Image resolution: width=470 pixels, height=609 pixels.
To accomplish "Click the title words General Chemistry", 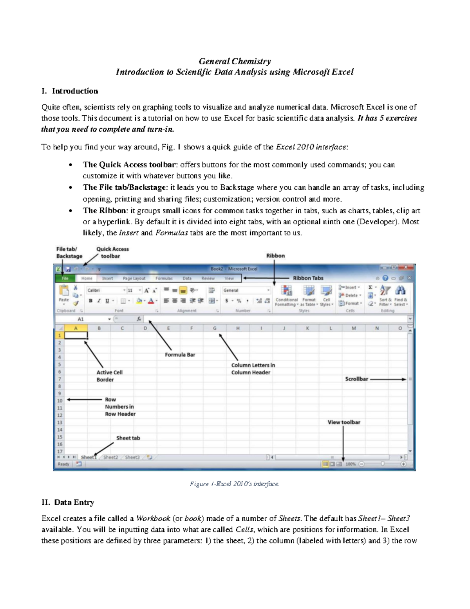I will click(235, 61).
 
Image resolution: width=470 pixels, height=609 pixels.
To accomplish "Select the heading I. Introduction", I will click(70, 91).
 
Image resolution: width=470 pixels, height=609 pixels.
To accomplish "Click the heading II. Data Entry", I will click(68, 502).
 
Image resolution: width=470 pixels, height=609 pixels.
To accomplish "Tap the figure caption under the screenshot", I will click(234, 484).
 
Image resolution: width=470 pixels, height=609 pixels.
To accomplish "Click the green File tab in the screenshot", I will click(65, 278).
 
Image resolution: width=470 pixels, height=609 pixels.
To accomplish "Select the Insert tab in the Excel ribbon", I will click(107, 278).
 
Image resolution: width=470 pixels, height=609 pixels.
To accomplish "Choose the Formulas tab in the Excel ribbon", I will click(164, 278).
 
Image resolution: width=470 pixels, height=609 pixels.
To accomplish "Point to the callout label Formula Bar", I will click(180, 354).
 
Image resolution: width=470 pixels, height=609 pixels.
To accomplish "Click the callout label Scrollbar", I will click(356, 379).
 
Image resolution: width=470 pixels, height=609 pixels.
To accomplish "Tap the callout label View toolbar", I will click(344, 422).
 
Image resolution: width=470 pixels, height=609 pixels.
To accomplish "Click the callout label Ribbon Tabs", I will click(308, 278).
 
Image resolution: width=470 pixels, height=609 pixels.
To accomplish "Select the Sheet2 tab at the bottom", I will click(110, 457).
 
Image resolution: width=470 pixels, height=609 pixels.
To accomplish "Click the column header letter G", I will click(215, 328).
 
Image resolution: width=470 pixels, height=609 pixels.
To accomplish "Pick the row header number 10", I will click(60, 401).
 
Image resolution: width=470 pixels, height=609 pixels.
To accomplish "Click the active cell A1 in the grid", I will click(76, 336).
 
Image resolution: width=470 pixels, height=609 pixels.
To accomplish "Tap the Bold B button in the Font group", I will click(90, 301).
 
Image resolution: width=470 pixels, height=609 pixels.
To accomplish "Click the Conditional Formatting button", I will click(286, 296).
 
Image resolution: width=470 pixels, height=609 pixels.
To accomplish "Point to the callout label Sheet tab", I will click(128, 438).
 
